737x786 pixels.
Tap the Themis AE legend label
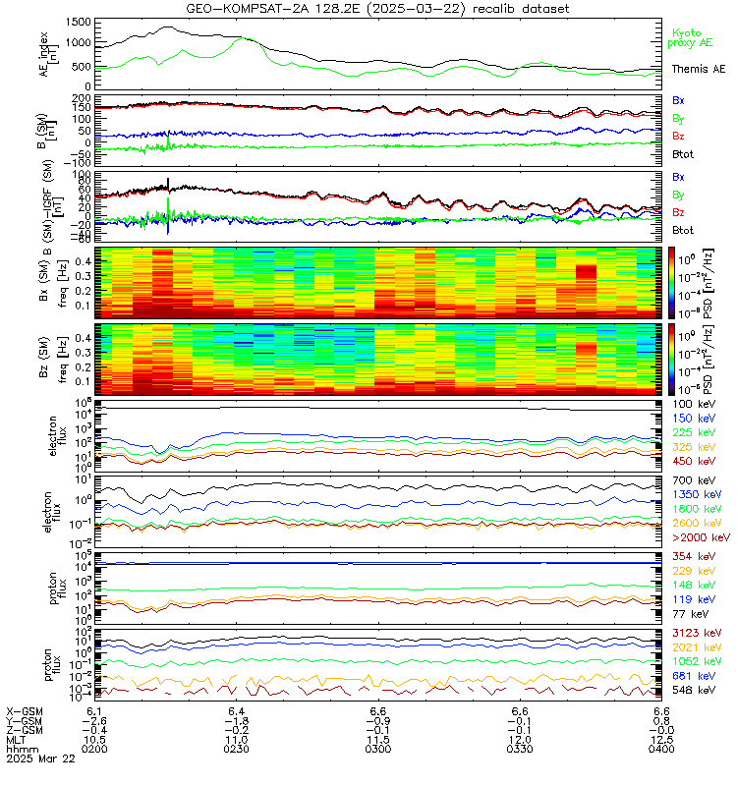pos(698,69)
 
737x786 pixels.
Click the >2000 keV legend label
pos(699,538)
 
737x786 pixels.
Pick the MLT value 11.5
pos(377,740)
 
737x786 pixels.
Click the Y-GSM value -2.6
pos(94,720)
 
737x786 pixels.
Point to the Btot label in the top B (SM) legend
pos(684,155)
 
